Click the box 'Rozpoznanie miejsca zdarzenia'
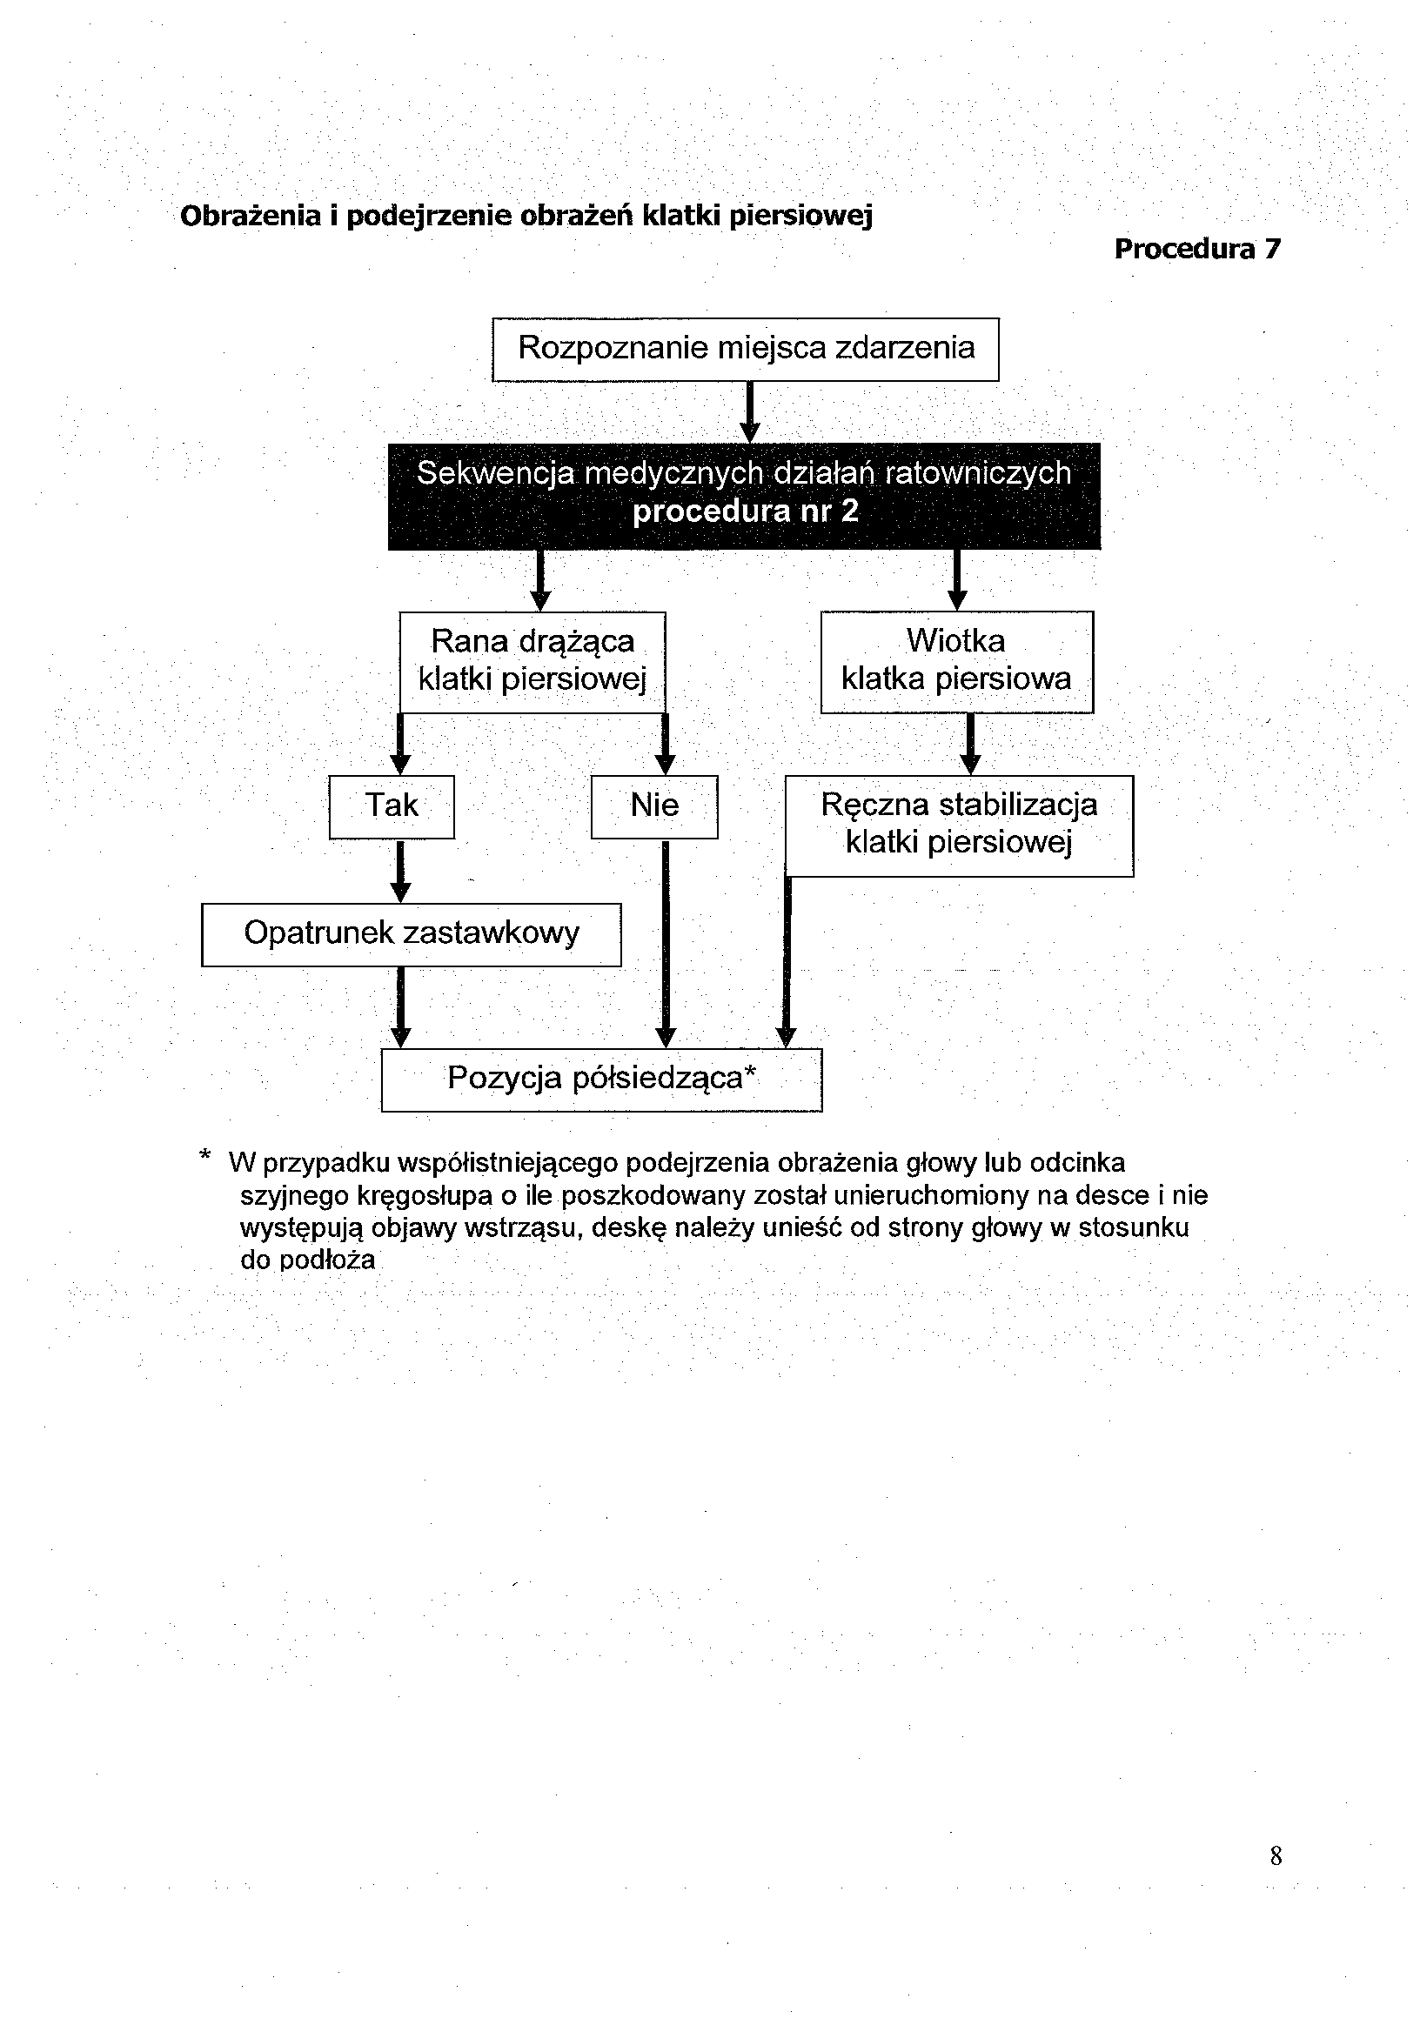[x=746, y=349]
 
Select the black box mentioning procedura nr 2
[x=744, y=496]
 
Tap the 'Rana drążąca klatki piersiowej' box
[x=532, y=661]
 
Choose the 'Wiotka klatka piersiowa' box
[x=956, y=661]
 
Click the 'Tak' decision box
[x=392, y=806]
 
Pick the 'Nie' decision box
[x=654, y=806]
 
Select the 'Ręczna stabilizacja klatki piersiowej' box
[x=959, y=825]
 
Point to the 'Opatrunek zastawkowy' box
[x=411, y=933]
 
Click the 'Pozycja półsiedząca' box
[x=601, y=1079]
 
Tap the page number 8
[x=1275, y=1855]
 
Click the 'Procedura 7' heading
[x=1197, y=250]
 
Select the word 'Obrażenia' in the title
[x=251, y=216]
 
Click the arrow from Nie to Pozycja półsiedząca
[x=666, y=943]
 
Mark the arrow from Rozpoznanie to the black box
[x=750, y=411]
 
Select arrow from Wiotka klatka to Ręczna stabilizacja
[x=970, y=745]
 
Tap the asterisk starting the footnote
[x=205, y=1157]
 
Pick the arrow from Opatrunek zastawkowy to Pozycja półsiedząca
[x=400, y=1006]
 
